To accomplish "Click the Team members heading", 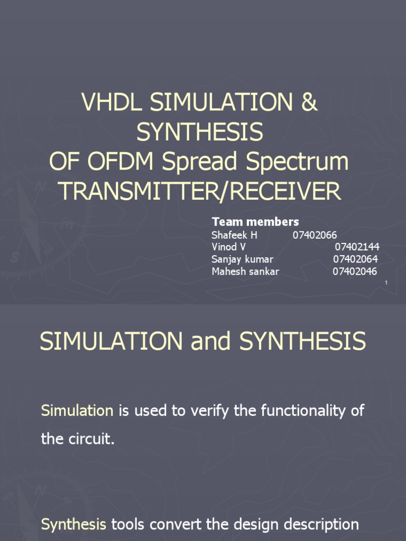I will tap(255, 221).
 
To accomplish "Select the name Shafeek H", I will tap(234, 235).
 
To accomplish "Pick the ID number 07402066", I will tap(315, 235).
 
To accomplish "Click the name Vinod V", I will tap(228, 247).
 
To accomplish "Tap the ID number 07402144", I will tap(357, 247).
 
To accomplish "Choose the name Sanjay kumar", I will tap(242, 259).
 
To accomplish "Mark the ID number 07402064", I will tap(356, 259).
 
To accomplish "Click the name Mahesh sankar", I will tap(245, 272).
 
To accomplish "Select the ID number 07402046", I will tap(355, 272).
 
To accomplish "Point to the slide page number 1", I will tap(386, 284).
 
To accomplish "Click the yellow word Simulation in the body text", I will tap(77, 411).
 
